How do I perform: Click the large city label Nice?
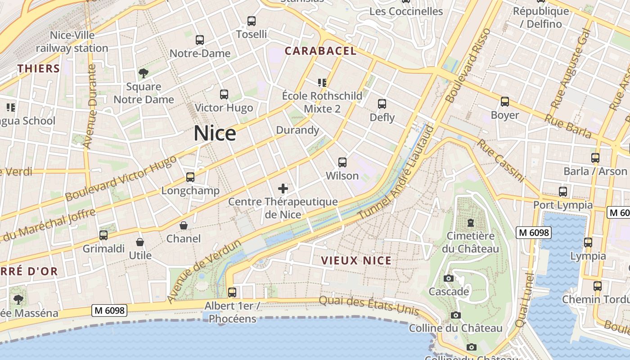[215, 134]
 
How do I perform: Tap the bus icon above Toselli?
[252, 21]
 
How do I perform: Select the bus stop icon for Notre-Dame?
[200, 40]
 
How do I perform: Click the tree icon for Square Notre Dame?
[144, 73]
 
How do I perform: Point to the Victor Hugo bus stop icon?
[224, 94]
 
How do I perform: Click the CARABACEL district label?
[320, 51]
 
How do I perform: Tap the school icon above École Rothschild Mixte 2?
[322, 82]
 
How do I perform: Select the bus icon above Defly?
[382, 104]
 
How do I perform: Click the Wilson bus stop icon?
[342, 162]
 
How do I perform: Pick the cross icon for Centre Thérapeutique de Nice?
[283, 188]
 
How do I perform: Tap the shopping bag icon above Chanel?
[184, 225]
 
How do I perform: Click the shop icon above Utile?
[140, 242]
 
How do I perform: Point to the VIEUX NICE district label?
[356, 261]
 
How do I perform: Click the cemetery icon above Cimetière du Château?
[470, 222]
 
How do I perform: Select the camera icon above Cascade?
[448, 279]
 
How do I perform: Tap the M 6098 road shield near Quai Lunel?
[533, 233]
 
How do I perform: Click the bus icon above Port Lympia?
[562, 192]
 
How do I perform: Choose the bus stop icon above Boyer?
[505, 102]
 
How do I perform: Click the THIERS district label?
[39, 68]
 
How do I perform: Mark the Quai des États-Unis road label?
[369, 306]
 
